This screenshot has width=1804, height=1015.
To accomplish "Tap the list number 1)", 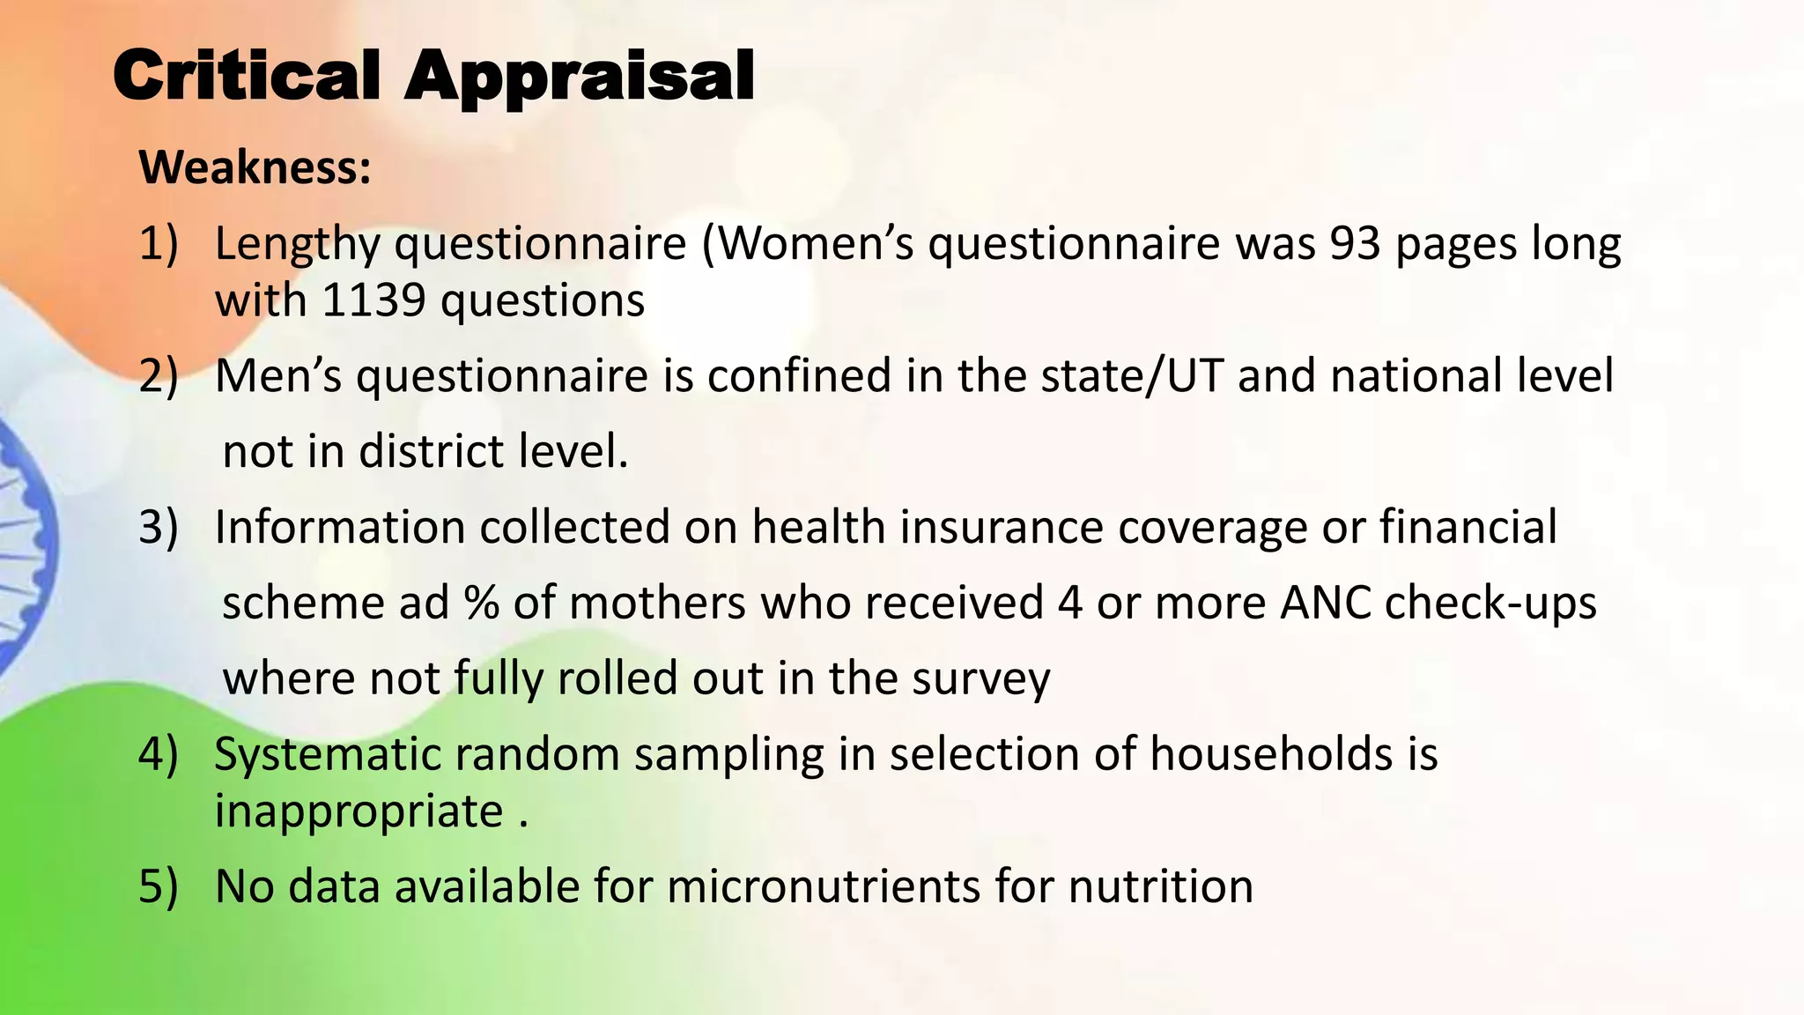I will click(x=159, y=244).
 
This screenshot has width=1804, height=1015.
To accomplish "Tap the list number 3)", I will click(x=159, y=528).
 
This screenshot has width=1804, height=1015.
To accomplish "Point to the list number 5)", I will click(x=159, y=886).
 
